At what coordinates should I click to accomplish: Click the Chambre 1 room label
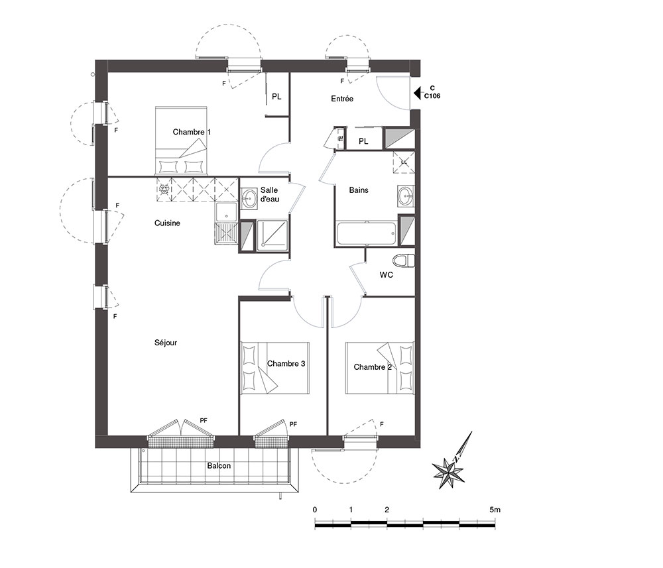pos(192,132)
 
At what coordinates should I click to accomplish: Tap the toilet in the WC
pos(403,260)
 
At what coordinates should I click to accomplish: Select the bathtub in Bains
pos(367,233)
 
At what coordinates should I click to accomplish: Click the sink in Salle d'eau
pos(249,198)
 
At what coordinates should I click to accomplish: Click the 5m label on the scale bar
pos(495,510)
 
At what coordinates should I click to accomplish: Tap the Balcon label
pos(219,466)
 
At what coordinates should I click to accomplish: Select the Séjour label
pos(166,343)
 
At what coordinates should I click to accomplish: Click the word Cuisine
pos(167,223)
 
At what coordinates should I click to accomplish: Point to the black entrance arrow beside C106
pos(417,93)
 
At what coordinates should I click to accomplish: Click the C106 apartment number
pos(432,96)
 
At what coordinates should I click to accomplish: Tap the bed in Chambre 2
pos(380,368)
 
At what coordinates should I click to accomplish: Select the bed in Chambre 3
pos(275,368)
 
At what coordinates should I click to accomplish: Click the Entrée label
pos(342,99)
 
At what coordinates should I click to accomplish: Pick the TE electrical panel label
pos(341,139)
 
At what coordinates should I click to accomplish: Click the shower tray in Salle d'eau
pos(272,235)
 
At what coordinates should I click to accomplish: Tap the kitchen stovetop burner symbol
pos(164,190)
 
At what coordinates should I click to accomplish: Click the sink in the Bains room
pos(406,196)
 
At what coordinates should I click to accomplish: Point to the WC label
pos(386,274)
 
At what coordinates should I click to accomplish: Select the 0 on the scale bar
pos(314,510)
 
